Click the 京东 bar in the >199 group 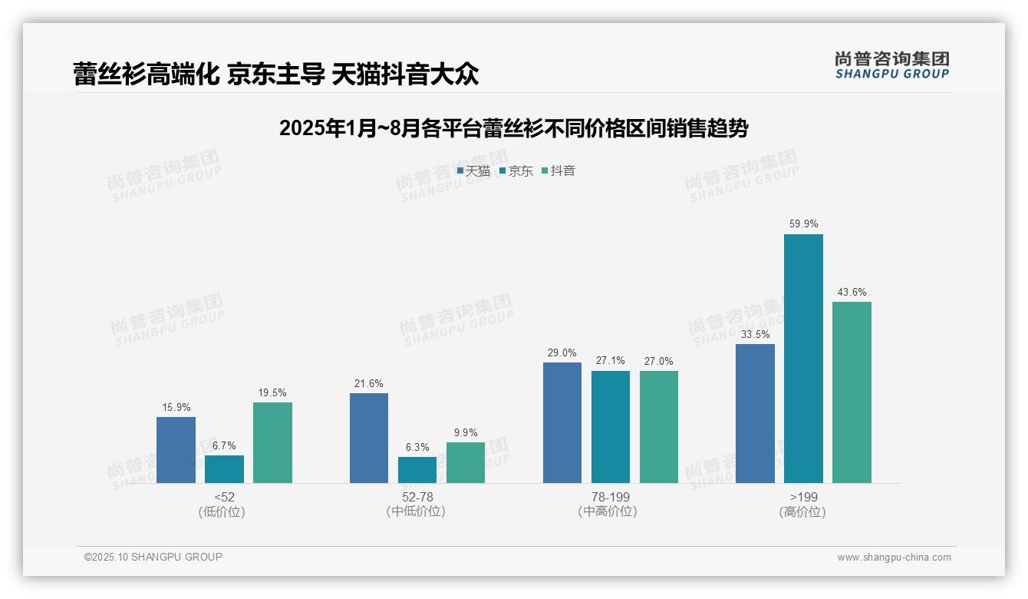pyautogui.click(x=803, y=359)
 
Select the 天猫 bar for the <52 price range pyautogui.click(x=176, y=450)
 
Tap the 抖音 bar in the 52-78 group pyautogui.click(x=466, y=462)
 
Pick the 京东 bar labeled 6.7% pyautogui.click(x=224, y=469)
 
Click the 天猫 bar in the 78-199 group pyautogui.click(x=562, y=422)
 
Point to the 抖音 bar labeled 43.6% pyautogui.click(x=852, y=392)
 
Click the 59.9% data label pyautogui.click(x=803, y=224)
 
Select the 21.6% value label pyautogui.click(x=368, y=383)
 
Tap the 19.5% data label pyautogui.click(x=272, y=392)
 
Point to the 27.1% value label pyautogui.click(x=611, y=360)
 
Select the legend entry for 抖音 pyautogui.click(x=558, y=171)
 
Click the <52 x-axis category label pyautogui.click(x=224, y=497)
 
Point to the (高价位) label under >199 pyautogui.click(x=803, y=512)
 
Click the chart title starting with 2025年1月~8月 pyautogui.click(x=513, y=128)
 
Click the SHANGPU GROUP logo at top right pyautogui.click(x=891, y=65)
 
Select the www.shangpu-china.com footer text pyautogui.click(x=894, y=558)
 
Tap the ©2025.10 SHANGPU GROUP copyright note pyautogui.click(x=153, y=558)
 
